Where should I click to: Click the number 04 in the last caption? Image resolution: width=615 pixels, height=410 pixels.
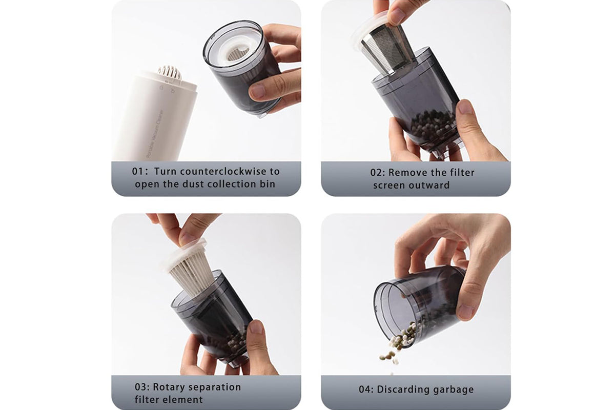[365, 389]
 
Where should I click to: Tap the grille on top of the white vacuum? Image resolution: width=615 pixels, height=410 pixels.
[170, 72]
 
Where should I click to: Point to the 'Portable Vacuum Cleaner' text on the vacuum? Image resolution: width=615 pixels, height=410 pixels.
[155, 134]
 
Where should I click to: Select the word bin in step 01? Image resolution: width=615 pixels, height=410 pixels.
[268, 184]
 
